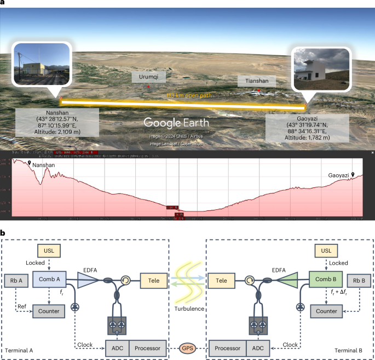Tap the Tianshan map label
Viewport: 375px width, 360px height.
[256, 81]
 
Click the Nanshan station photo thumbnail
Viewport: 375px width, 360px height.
[42, 64]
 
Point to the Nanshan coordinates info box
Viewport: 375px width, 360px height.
[57, 122]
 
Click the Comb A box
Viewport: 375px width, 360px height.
[50, 281]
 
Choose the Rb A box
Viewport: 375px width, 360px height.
[17, 281]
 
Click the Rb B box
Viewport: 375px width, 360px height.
[360, 281]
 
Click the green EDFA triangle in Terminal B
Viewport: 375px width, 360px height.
[290, 281]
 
